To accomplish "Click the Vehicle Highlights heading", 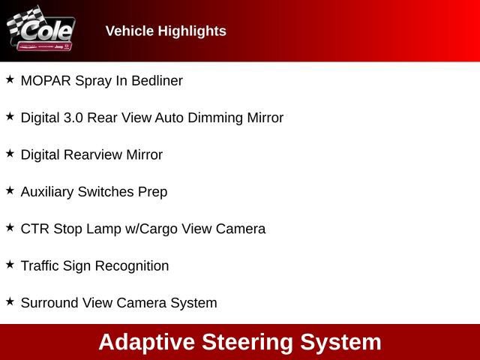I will [166, 31].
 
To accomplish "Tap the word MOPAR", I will [46, 80].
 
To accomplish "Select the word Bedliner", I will [157, 80].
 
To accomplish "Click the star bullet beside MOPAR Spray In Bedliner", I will [10, 79].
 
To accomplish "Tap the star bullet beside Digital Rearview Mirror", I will [10, 153].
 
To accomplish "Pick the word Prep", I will [152, 192].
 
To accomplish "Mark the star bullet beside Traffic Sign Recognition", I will [10, 264].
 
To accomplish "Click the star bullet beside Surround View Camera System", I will [10, 301].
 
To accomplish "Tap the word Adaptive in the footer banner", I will [145, 342].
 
